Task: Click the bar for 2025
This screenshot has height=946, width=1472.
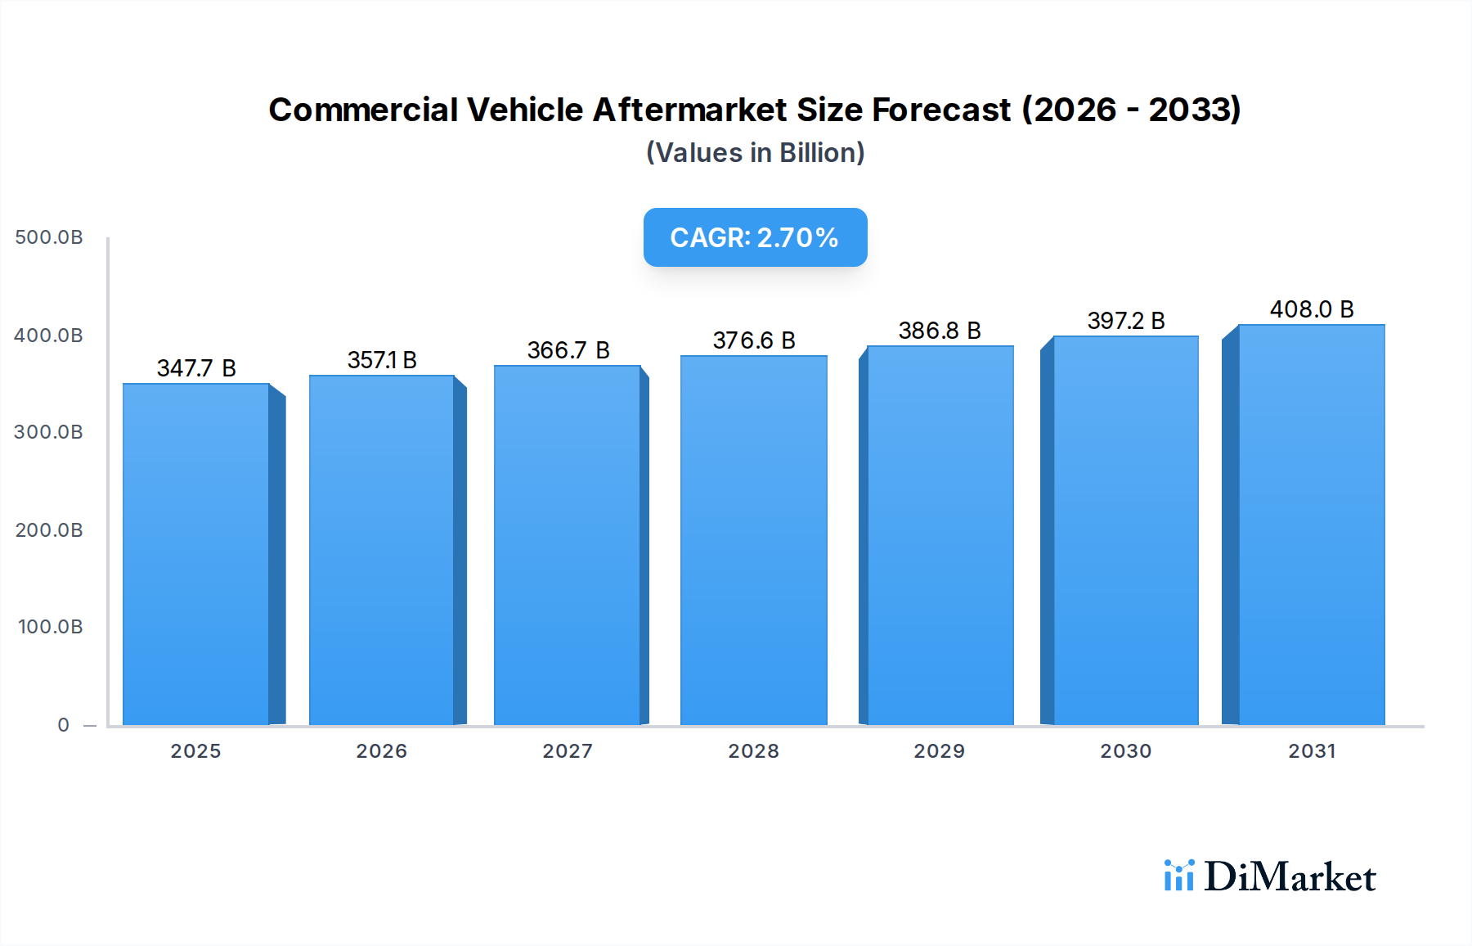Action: click(196, 554)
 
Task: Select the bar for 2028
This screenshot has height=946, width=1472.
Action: click(753, 540)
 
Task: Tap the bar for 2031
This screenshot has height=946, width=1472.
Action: click(1312, 525)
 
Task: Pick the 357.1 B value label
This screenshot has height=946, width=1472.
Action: click(382, 360)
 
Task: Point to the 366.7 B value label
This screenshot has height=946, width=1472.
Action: click(568, 350)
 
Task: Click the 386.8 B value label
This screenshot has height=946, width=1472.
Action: click(940, 331)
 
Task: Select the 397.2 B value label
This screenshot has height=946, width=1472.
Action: click(1126, 321)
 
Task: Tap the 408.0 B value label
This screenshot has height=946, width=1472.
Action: click(1312, 309)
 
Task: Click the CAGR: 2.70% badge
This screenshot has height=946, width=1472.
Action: click(755, 237)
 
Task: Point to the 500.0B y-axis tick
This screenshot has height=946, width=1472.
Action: click(49, 237)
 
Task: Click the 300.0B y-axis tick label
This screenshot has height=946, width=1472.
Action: click(49, 432)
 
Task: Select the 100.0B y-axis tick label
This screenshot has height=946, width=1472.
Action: click(51, 627)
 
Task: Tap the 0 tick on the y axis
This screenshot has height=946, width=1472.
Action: click(64, 725)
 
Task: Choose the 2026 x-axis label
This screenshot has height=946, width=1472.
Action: click(382, 751)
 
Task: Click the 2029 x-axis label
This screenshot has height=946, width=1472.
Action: click(940, 751)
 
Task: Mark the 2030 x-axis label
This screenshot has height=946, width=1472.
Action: click(1126, 751)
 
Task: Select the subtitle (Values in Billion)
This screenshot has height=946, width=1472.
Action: click(755, 153)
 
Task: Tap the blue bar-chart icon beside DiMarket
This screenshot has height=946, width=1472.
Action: click(1178, 876)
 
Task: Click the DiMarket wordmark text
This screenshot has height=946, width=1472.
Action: click(1290, 877)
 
